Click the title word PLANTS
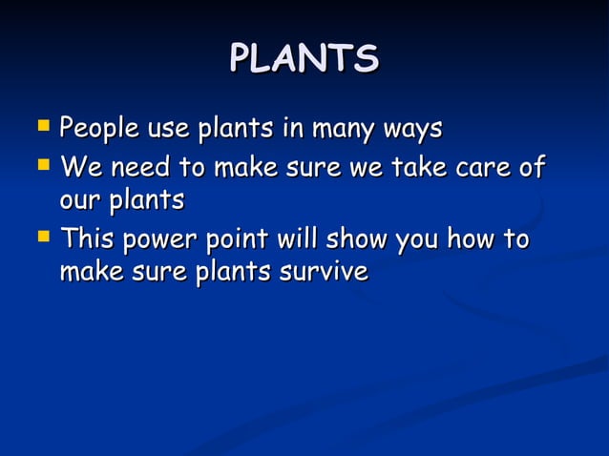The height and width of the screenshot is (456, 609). pos(304,59)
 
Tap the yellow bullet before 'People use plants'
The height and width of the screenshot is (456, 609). pos(42,125)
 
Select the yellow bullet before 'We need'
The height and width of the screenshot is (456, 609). pos(42,167)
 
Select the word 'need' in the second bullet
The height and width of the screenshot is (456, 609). pos(142,170)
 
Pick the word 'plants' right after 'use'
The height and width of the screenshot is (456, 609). pos(234,129)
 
